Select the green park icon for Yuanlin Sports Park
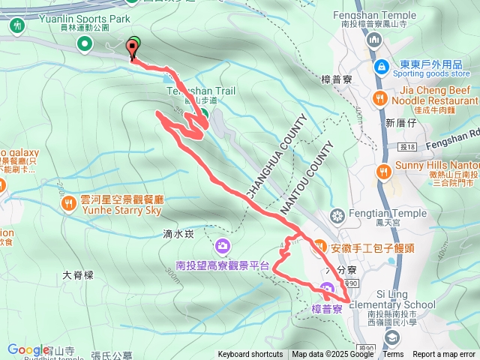pos(17,25)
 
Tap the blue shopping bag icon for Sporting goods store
pos(382,67)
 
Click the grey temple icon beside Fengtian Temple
pos(337,216)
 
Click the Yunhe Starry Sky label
pos(122,211)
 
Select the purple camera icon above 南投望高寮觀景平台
pos(223,245)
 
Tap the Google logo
pos(28,349)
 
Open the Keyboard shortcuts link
pos(250,355)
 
